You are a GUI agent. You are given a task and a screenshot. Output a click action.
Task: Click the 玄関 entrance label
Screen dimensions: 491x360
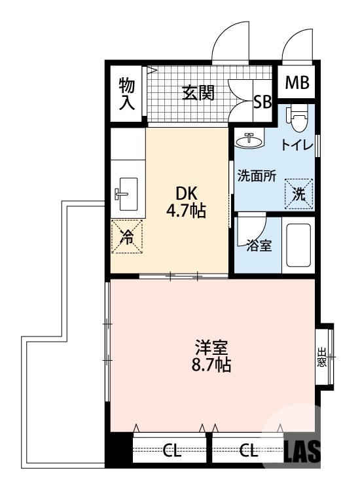[x=198, y=94]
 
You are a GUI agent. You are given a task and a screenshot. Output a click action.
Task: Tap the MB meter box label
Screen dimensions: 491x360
[x=297, y=83]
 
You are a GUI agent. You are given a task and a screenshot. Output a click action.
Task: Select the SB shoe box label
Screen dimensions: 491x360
[x=262, y=101]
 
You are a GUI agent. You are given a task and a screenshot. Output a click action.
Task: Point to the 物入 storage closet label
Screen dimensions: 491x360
[x=127, y=93]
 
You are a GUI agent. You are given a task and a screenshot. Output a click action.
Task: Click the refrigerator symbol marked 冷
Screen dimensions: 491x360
[x=127, y=236]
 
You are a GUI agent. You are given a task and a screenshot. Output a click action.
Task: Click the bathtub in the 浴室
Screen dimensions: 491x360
[x=298, y=247]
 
